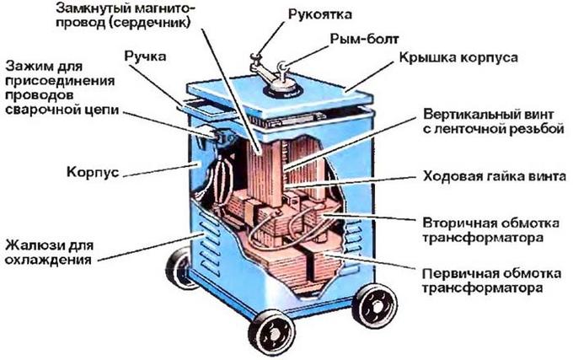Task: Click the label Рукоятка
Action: pyautogui.click(x=319, y=14)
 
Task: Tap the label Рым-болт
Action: pyautogui.click(x=364, y=39)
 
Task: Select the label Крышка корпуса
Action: pyautogui.click(x=458, y=57)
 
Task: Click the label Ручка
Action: pyautogui.click(x=145, y=56)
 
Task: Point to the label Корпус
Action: pyautogui.click(x=93, y=172)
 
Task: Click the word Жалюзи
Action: pyautogui.click(x=31, y=245)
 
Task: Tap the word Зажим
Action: pyautogui.click(x=28, y=67)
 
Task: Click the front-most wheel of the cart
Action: pyautogui.click(x=271, y=332)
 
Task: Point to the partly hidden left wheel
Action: pyautogui.click(x=179, y=267)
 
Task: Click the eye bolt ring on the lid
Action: pyautogui.click(x=281, y=67)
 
